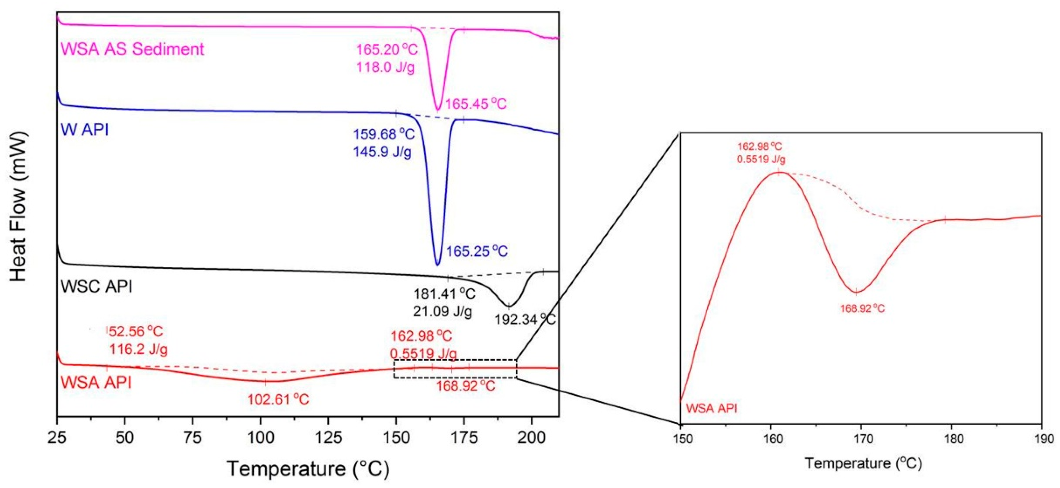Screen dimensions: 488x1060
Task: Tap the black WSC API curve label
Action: click(x=96, y=286)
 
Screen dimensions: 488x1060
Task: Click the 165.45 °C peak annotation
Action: click(x=476, y=104)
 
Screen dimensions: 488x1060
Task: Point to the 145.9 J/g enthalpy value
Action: click(x=382, y=153)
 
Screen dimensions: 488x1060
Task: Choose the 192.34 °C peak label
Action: click(x=525, y=319)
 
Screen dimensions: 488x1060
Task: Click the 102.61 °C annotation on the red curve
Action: click(x=278, y=400)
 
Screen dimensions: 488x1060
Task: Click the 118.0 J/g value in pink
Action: click(x=385, y=67)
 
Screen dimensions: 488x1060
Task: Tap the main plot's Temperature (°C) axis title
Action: click(x=308, y=469)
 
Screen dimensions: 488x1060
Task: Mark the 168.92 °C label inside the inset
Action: click(x=862, y=308)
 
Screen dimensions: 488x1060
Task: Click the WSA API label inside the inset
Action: click(x=711, y=409)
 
